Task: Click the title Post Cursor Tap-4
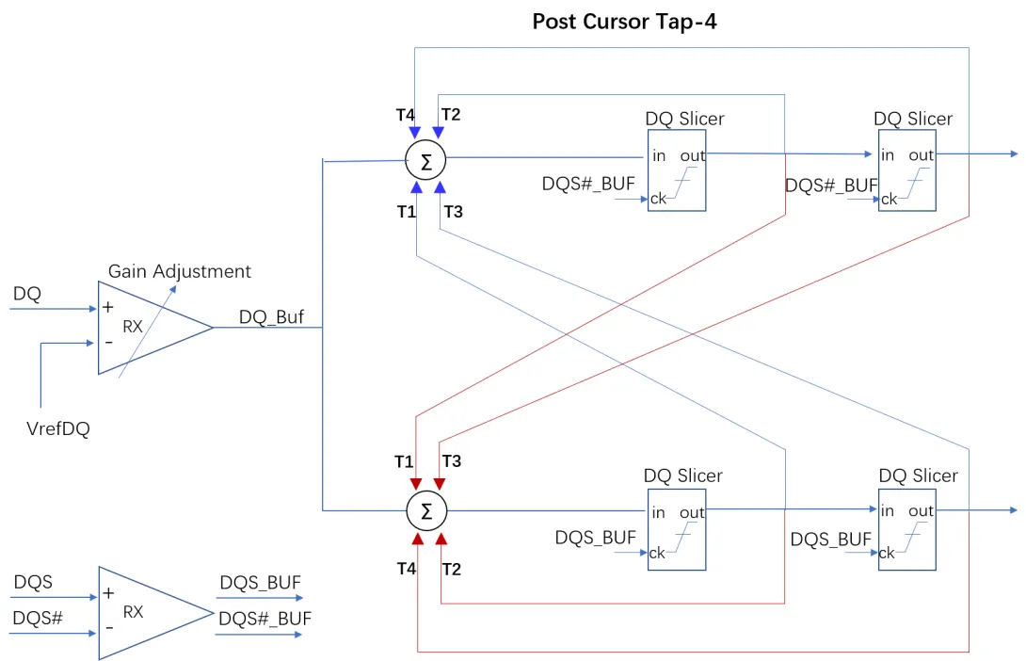click(x=624, y=22)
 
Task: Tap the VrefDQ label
click(x=58, y=428)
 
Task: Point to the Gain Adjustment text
click(x=179, y=271)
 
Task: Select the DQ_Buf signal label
click(x=271, y=317)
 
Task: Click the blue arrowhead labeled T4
click(x=415, y=133)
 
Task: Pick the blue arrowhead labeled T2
click(x=439, y=133)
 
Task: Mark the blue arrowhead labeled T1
click(x=416, y=187)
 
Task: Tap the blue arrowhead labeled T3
click(x=441, y=187)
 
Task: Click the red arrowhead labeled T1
click(x=416, y=484)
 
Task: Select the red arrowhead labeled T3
click(x=440, y=484)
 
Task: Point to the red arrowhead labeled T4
click(x=418, y=539)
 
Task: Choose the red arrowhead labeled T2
click(x=441, y=539)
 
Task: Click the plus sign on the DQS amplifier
click(x=108, y=593)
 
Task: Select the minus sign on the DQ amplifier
click(x=108, y=343)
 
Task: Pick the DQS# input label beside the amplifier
click(x=38, y=618)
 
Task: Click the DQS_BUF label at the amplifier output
click(x=261, y=583)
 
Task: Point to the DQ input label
click(x=27, y=294)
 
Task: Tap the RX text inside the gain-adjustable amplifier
click(x=133, y=327)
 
